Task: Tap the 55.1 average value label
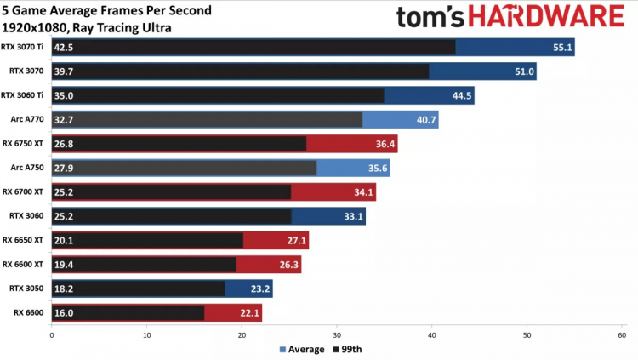coord(562,48)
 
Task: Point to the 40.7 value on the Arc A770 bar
coord(426,120)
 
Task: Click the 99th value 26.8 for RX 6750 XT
coord(65,144)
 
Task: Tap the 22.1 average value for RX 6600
coord(249,313)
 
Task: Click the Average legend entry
coord(303,349)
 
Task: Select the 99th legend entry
coord(348,349)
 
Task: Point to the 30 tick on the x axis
coord(337,335)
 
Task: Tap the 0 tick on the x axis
coord(53,335)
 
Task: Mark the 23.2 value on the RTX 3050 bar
coord(260,289)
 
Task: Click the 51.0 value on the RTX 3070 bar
coord(524,71)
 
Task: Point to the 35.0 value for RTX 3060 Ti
coord(65,96)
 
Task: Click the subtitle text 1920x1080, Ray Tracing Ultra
coord(87,27)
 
